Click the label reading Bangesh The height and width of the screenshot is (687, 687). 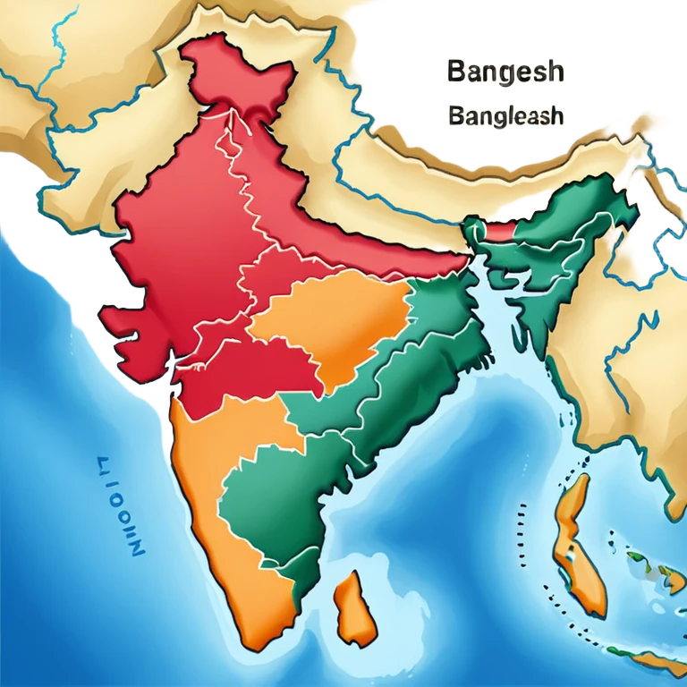(x=505, y=72)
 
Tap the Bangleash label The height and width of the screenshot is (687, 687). (x=506, y=116)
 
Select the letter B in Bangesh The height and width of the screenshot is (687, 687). (x=454, y=72)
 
